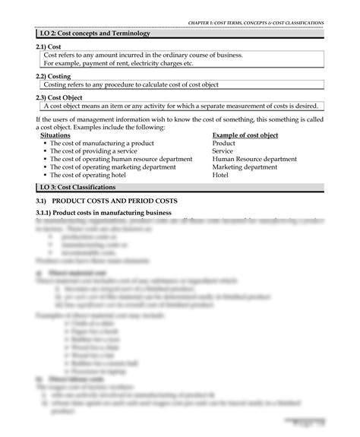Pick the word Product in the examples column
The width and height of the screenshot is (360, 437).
(224, 143)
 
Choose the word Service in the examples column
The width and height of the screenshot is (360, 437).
(223, 151)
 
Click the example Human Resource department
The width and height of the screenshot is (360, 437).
(254, 159)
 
